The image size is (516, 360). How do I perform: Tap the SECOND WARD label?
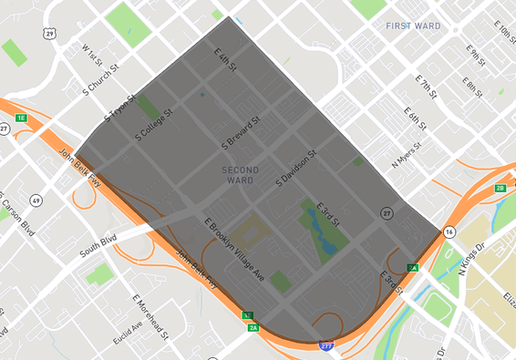click(240, 175)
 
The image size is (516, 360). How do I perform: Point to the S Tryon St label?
click(121, 108)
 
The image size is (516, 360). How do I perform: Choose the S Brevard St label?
click(242, 132)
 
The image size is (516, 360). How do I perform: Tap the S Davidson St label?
click(296, 170)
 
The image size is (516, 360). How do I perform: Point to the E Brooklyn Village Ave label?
click(234, 249)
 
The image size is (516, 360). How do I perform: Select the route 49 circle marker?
click(36, 200)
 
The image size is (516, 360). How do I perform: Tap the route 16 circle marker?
click(449, 232)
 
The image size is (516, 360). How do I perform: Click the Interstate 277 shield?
click(325, 346)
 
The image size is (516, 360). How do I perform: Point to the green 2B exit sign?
click(500, 188)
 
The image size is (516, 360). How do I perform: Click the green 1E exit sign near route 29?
click(20, 118)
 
